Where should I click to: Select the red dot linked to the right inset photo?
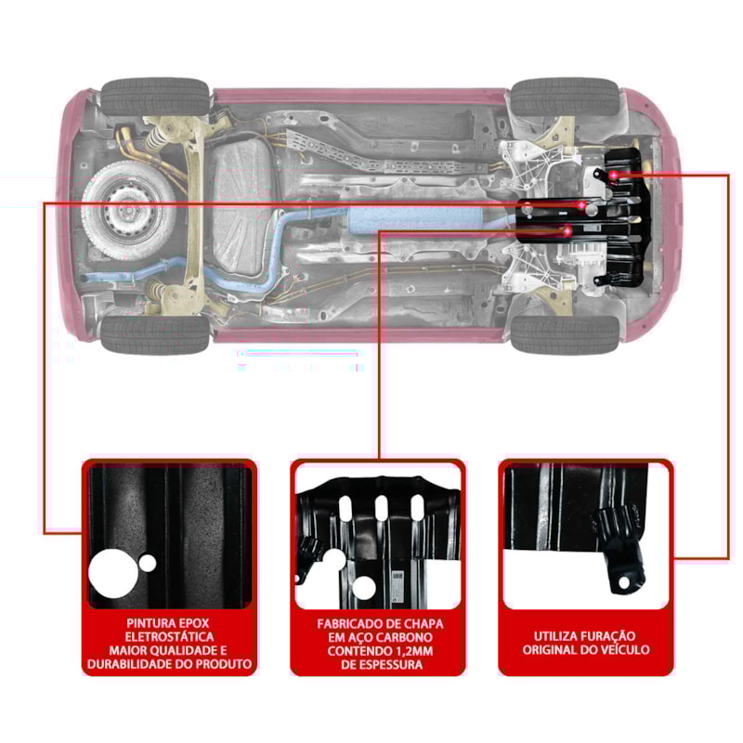(x=615, y=175)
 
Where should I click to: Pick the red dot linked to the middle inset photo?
(x=567, y=229)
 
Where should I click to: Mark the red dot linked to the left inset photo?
(x=581, y=203)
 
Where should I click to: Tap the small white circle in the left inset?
(x=148, y=563)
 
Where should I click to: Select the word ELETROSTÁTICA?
(x=169, y=636)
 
